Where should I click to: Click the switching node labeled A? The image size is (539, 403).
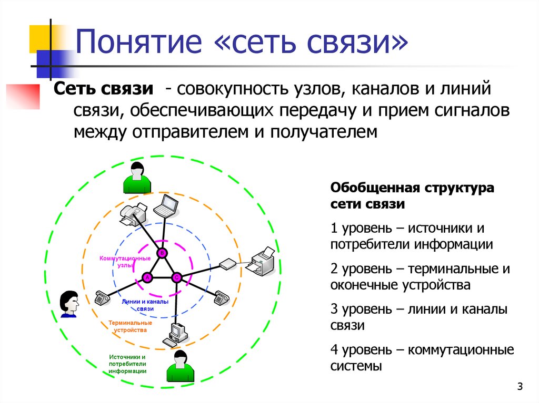click(147, 277)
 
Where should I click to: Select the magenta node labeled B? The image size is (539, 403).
click(162, 253)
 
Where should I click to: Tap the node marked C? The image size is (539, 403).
click(177, 277)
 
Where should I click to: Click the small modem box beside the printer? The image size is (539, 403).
click(228, 263)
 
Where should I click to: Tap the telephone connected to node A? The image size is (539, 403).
click(101, 297)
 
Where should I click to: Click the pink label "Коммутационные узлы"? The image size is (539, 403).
click(125, 262)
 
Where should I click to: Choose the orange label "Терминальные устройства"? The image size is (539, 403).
click(128, 326)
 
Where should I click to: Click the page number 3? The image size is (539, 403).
click(520, 387)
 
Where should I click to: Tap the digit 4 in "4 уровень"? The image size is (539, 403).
click(334, 349)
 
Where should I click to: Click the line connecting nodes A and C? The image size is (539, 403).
click(162, 277)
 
